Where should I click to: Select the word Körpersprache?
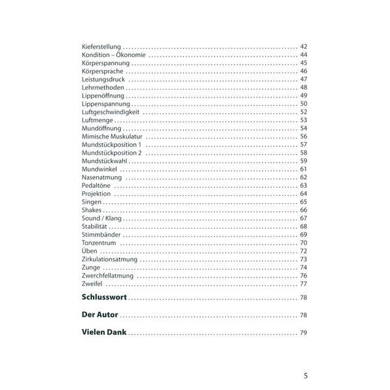point(103,71)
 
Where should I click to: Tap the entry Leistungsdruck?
point(103,79)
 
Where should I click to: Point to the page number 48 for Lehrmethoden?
point(304,87)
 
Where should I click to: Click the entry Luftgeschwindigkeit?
point(111,112)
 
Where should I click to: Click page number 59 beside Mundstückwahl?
point(304,161)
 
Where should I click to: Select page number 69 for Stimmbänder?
point(304,235)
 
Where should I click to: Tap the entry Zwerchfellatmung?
point(108,276)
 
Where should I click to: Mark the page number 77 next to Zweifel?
point(304,284)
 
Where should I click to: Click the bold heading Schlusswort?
point(105,298)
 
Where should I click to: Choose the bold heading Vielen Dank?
point(105,333)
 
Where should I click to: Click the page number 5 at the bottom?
point(306,375)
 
